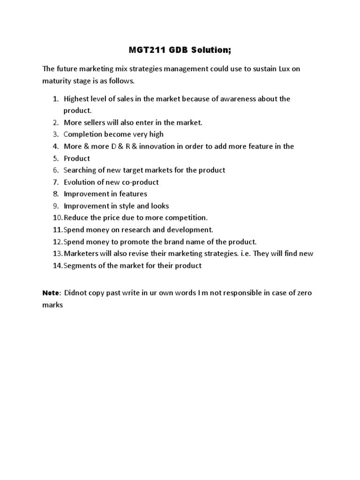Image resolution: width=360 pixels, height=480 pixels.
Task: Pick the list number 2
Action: (x=55, y=122)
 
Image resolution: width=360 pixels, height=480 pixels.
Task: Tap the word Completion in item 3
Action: (x=85, y=135)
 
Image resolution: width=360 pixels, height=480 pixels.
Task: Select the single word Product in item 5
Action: (x=77, y=158)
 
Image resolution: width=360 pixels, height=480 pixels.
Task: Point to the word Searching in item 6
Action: (x=81, y=170)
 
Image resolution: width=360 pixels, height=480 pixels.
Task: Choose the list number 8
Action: (x=55, y=194)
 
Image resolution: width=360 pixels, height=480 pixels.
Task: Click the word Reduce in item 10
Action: (x=76, y=217)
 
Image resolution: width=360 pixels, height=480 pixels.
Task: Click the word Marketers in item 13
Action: (x=82, y=254)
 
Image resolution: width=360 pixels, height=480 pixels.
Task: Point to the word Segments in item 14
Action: (x=80, y=266)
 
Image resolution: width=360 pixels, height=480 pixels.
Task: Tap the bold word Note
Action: (x=51, y=293)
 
